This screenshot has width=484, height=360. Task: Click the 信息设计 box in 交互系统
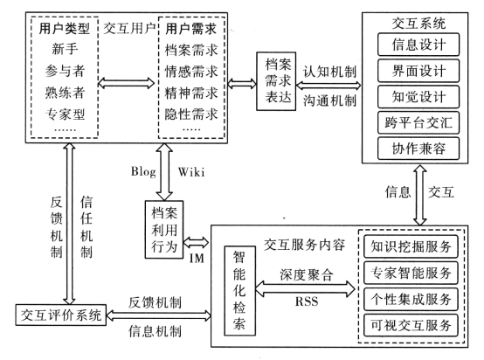point(418,45)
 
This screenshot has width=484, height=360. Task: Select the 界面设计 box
point(418,71)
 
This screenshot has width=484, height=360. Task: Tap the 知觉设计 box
point(418,97)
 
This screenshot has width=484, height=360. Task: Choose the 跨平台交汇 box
point(418,123)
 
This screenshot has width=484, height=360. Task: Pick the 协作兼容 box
point(418,149)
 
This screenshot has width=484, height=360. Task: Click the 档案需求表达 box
point(276,81)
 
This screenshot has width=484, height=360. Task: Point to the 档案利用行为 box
point(164,230)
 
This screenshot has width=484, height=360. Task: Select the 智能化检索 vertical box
point(240,290)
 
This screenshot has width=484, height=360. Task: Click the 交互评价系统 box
point(61,315)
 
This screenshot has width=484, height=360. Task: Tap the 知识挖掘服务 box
point(411,246)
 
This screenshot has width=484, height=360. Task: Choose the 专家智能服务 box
point(411,273)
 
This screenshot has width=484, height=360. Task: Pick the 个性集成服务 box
point(411,299)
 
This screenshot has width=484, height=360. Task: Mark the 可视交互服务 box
point(411,325)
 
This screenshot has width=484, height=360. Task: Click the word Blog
point(143,171)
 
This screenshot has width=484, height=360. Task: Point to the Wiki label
point(191,171)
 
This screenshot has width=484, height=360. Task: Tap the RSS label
point(307,301)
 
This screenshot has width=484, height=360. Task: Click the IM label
point(197,258)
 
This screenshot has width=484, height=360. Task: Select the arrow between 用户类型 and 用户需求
point(126,83)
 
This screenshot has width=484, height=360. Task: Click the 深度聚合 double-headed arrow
point(305,288)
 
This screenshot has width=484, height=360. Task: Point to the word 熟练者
point(65,93)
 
